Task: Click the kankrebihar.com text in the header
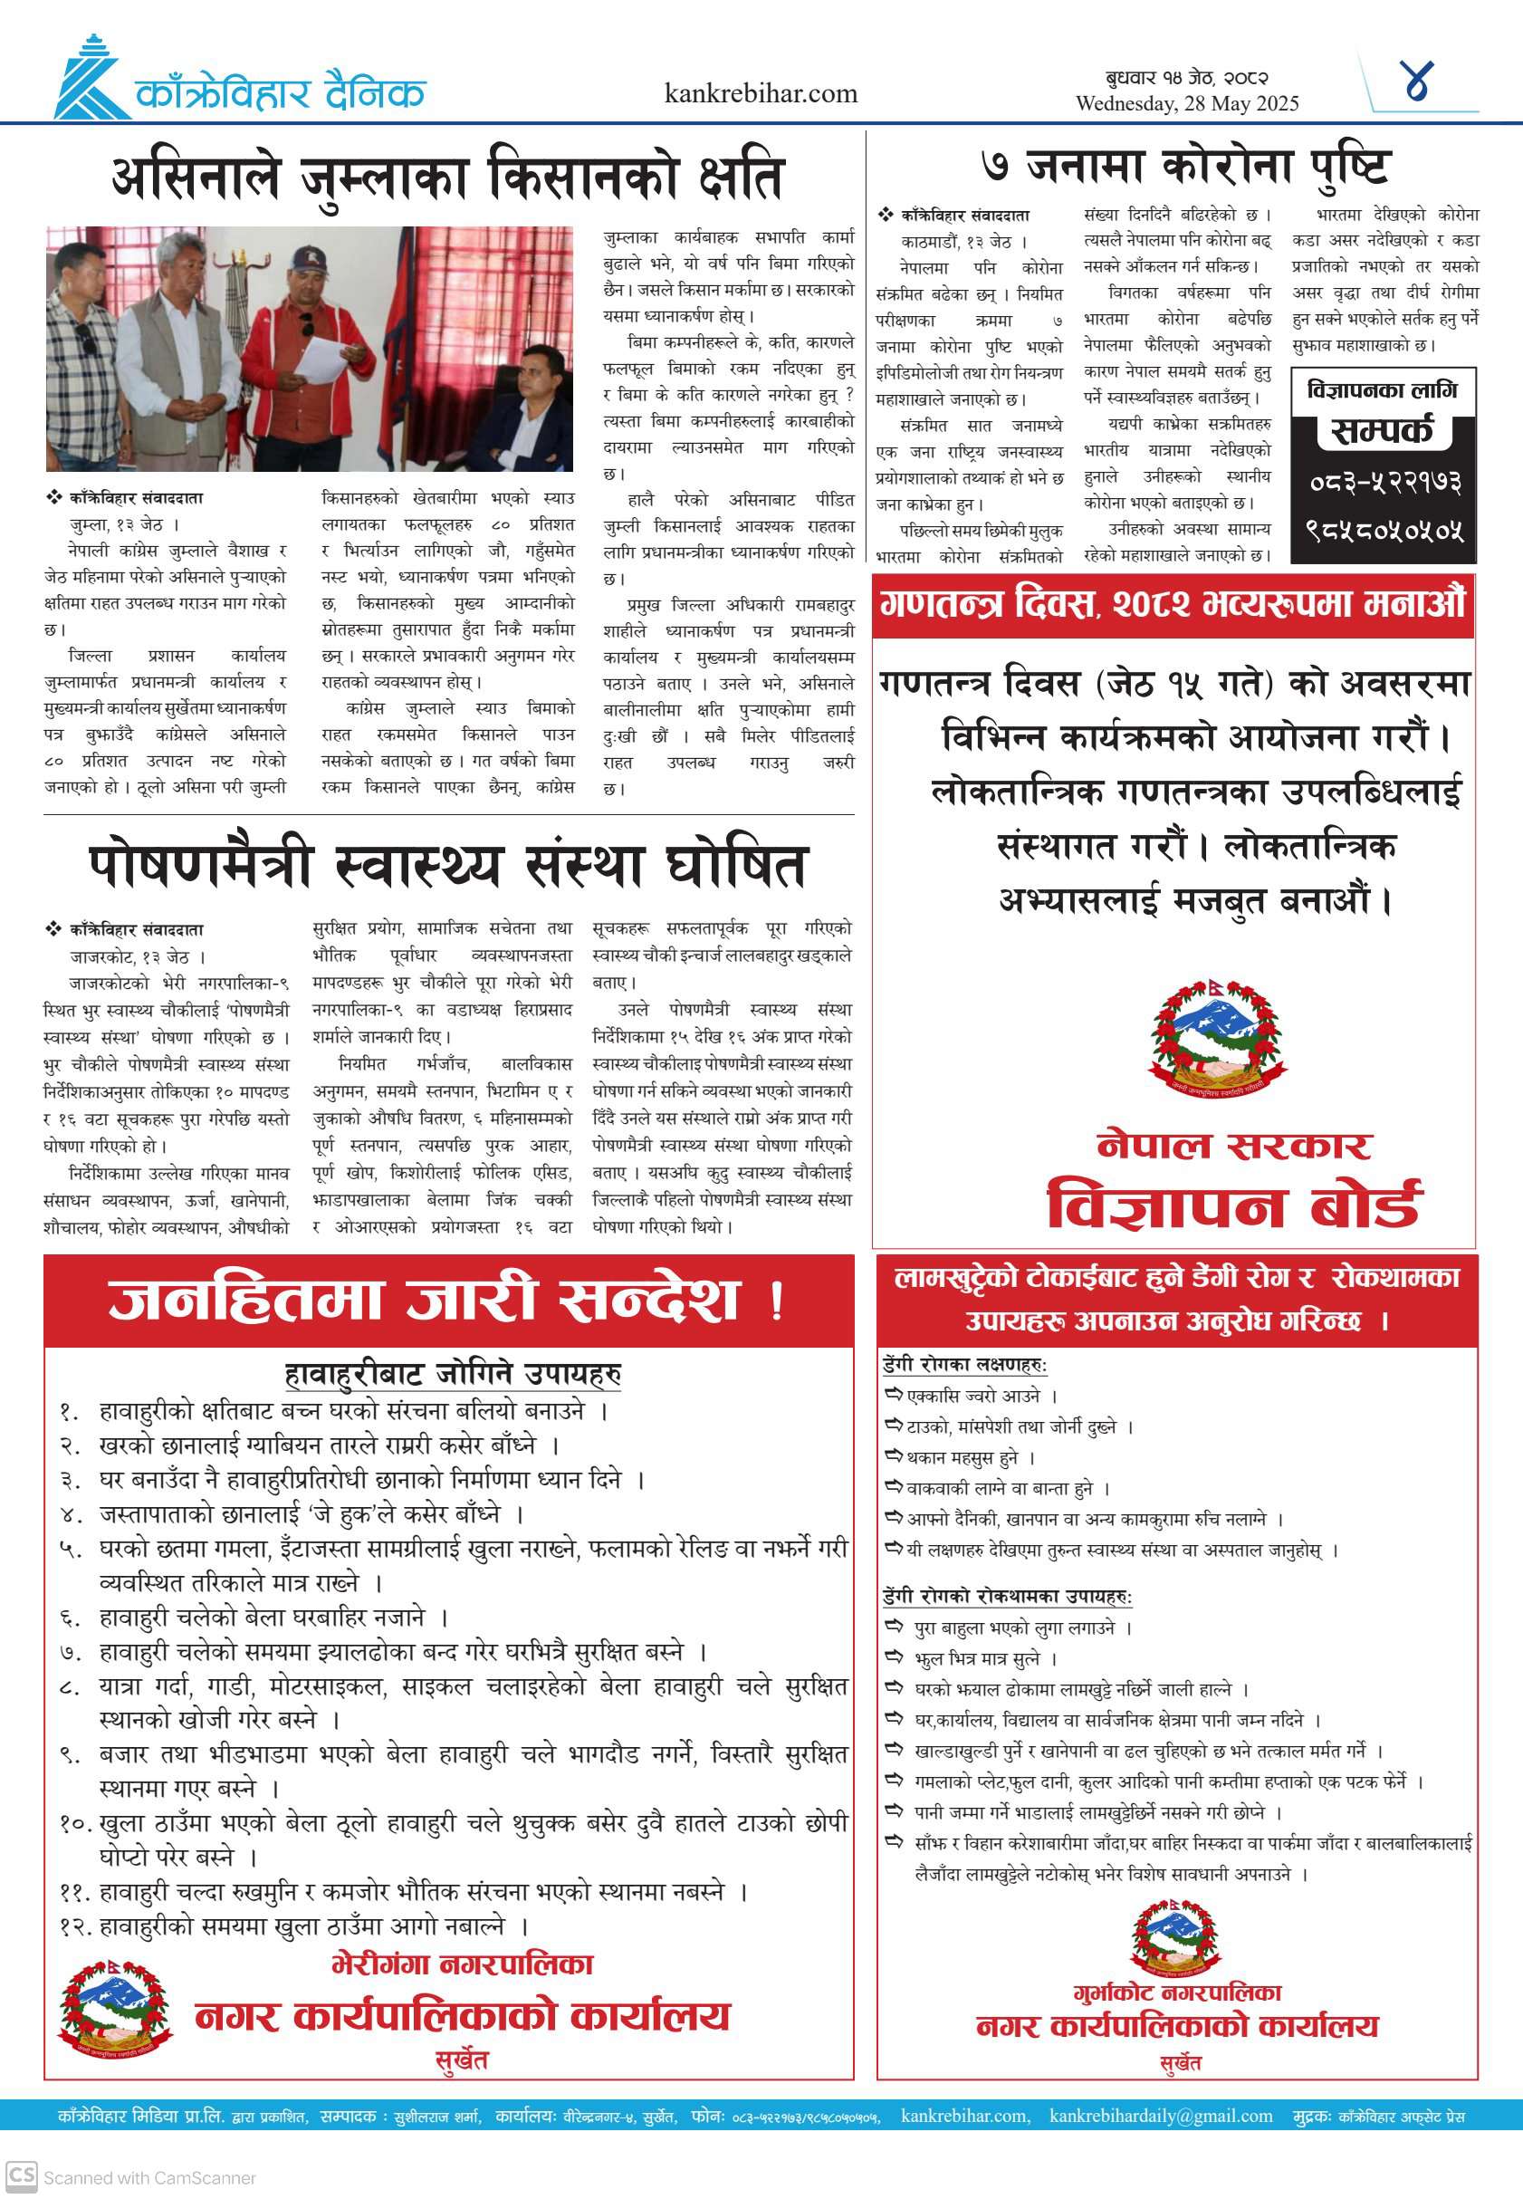tap(761, 93)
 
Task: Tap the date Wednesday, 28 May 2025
tap(1187, 104)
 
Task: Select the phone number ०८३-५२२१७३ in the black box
tap(1384, 482)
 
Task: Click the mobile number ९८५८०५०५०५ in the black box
tap(1384, 530)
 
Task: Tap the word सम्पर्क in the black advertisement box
tap(1382, 431)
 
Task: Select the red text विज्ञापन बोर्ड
tap(1234, 1205)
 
